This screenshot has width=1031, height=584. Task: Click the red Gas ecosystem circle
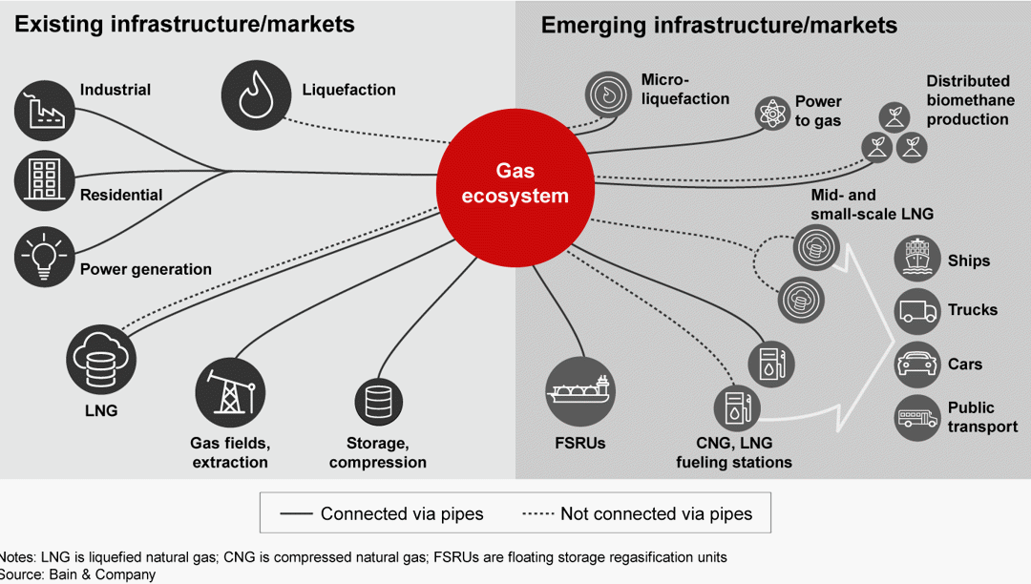point(515,183)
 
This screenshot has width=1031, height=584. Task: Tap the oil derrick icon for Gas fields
point(229,392)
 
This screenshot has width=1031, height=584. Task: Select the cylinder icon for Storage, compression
point(378,402)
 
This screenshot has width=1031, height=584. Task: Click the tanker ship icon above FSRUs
point(579,391)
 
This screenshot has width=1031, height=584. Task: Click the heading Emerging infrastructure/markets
point(719,25)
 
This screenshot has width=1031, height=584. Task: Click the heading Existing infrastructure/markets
point(184,24)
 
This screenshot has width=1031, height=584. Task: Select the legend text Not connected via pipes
point(657,514)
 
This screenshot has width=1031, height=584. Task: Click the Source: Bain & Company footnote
point(78,574)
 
